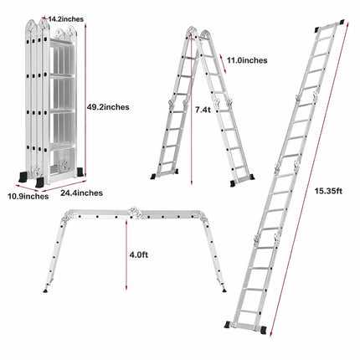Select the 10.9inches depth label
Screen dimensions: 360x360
click(x=24, y=196)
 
